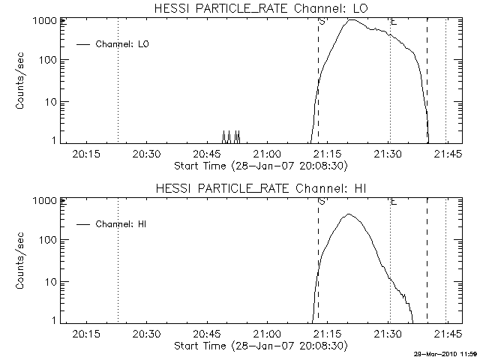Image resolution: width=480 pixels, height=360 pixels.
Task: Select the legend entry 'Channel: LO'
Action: click(x=122, y=44)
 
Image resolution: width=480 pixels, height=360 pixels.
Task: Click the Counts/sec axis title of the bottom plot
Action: click(x=22, y=261)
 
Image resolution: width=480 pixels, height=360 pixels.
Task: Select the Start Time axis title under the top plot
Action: click(x=259, y=165)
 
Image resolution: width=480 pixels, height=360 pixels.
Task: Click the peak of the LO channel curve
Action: click(x=351, y=20)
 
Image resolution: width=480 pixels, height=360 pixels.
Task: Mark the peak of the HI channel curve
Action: click(x=349, y=214)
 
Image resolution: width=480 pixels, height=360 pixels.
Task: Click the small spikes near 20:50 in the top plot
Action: click(x=230, y=136)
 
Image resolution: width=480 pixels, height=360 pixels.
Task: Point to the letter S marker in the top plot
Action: click(x=322, y=22)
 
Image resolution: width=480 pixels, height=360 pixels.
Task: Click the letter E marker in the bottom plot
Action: click(x=394, y=201)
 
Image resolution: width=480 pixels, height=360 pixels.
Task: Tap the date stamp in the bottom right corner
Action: click(x=445, y=353)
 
